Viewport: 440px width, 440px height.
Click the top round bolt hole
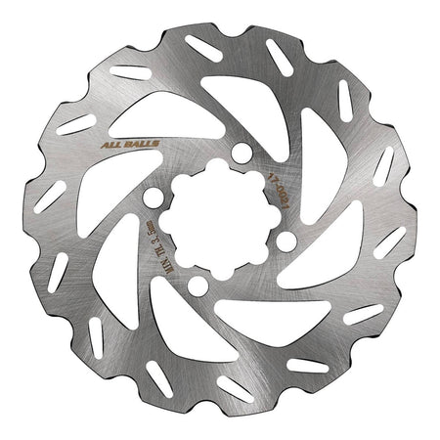(239, 151)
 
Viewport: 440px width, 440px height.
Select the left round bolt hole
(151, 198)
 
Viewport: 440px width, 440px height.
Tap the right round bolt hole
(286, 239)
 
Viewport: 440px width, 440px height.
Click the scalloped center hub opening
(218, 218)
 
